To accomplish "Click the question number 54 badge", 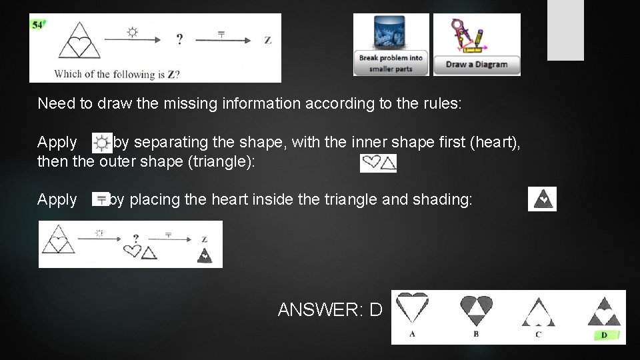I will coord(37,25).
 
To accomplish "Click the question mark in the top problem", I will coord(179,40).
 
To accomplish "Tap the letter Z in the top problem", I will coord(268,40).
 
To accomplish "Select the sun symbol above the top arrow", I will coord(132,31).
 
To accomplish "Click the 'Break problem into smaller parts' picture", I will coord(391,45).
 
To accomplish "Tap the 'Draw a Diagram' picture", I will coord(477,45).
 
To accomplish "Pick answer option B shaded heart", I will coord(476,309).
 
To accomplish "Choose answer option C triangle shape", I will coord(538,311).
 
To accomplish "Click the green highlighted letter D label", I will coord(604,335).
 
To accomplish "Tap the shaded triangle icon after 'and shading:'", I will coord(542,199).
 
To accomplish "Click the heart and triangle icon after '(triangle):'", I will coord(378,163).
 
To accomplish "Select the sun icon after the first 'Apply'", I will coord(101,143).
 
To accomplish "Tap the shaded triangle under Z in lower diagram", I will coord(205,255).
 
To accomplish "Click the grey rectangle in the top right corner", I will coord(565,30).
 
